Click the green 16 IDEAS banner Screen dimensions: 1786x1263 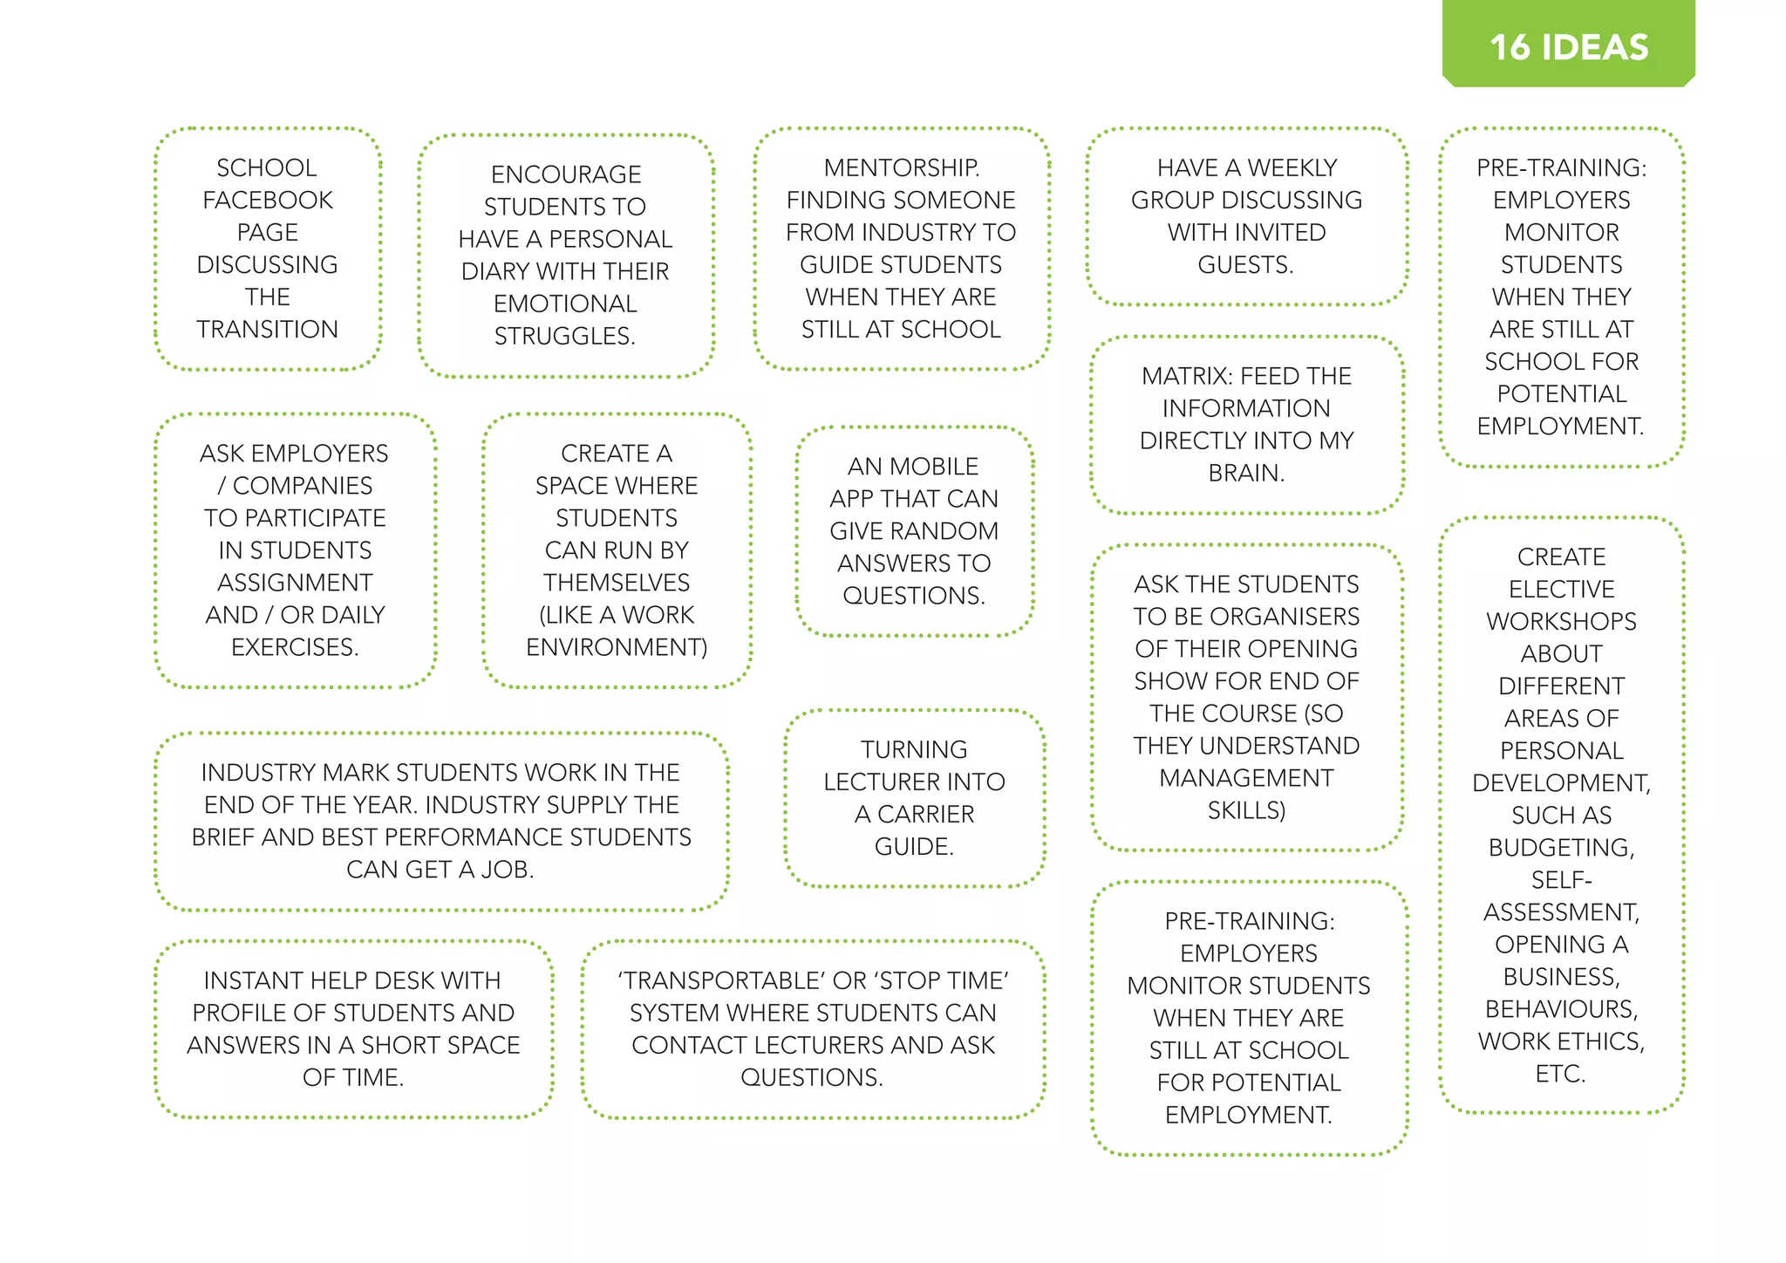click(x=1568, y=46)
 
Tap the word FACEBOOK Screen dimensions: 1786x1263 click(x=268, y=201)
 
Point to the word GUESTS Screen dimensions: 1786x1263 click(x=1244, y=265)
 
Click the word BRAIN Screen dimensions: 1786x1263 click(x=1245, y=474)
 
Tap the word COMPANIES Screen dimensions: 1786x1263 click(x=303, y=486)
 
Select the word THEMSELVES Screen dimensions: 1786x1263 click(x=617, y=583)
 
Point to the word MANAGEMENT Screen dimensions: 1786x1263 click(x=1246, y=778)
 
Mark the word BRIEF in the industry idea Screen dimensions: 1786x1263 click(x=223, y=837)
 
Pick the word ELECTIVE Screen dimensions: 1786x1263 click(x=1561, y=590)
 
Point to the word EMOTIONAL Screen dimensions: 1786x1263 click(x=565, y=304)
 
